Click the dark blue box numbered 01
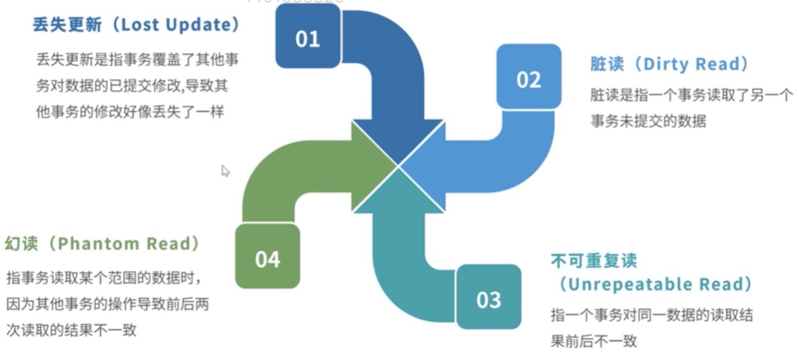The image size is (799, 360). point(307,38)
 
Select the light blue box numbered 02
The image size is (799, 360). point(529,79)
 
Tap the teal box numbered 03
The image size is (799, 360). point(489,299)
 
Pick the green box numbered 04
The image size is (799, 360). point(267,258)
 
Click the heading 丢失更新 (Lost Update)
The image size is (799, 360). point(136,25)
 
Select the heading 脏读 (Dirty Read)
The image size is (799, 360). point(669,64)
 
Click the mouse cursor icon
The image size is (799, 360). point(226,171)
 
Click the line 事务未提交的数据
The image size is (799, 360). point(648,121)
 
